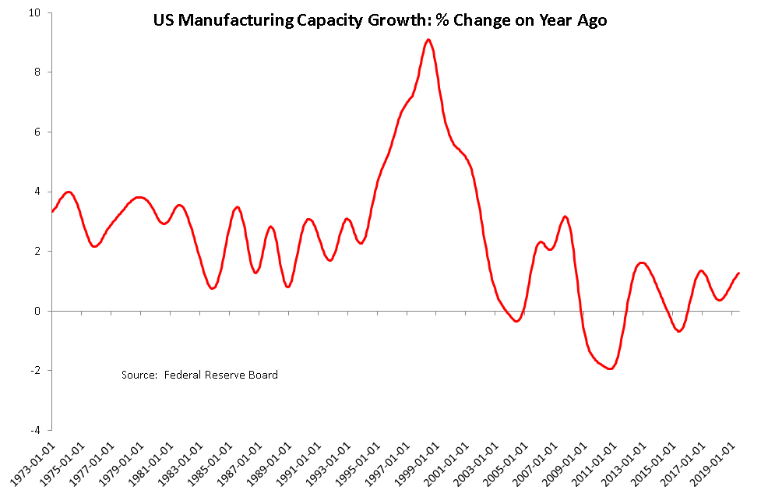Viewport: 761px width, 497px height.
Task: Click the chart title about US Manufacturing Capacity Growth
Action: click(379, 21)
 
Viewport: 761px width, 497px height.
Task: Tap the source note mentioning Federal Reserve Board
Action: click(199, 375)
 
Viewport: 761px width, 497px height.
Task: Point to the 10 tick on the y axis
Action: click(36, 12)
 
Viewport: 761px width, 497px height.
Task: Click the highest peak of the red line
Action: click(428, 40)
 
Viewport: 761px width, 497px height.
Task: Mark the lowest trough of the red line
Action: click(610, 369)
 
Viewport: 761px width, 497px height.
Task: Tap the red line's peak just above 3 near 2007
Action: click(565, 217)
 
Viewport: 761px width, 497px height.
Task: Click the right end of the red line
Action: click(738, 273)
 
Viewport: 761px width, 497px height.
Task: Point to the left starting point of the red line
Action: click(52, 211)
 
